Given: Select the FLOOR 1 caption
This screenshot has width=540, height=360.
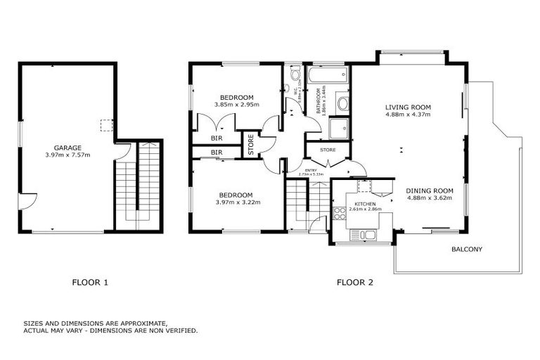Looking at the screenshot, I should [90, 283].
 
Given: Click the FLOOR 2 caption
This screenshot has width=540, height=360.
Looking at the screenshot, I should [354, 283].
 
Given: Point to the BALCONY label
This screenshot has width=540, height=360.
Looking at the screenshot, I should [467, 250].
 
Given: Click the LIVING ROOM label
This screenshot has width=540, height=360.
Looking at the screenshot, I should [408, 108].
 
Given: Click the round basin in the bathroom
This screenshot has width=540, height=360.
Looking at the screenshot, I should [342, 104].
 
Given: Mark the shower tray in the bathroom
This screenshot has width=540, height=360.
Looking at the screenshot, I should [339, 128].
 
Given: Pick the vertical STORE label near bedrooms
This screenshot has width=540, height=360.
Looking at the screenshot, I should [251, 144].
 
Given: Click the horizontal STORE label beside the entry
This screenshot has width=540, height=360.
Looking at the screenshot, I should [327, 150].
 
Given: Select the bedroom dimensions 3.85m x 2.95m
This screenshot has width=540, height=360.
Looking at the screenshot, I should [237, 105].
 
